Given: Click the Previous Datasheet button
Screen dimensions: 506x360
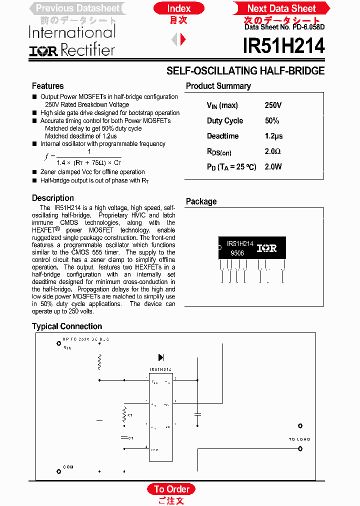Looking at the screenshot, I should (x=78, y=8).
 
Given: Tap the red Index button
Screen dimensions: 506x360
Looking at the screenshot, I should (x=179, y=8).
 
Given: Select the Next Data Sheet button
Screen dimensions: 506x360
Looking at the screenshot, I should (x=281, y=8).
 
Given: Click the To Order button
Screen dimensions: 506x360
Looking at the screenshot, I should (x=171, y=489).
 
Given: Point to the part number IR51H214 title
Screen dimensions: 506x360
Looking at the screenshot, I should (x=283, y=46).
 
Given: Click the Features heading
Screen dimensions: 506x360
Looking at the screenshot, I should (x=47, y=86).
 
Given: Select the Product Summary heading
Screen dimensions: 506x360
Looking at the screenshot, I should (x=218, y=86).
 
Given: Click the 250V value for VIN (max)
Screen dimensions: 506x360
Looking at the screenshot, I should (x=273, y=105).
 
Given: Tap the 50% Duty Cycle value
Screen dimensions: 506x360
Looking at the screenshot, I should (x=272, y=121).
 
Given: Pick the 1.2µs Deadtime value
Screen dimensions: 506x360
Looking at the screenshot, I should (x=273, y=136).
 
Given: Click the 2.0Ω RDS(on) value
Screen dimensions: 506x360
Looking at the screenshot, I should (x=272, y=151).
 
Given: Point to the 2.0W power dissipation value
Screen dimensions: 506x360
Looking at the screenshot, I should (x=273, y=167).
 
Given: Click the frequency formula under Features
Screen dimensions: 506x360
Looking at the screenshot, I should (x=83, y=157).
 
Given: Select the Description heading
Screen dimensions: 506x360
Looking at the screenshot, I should (x=52, y=198).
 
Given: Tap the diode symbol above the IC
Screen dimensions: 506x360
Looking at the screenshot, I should (x=161, y=357).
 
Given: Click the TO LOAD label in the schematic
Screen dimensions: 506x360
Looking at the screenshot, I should (x=299, y=439).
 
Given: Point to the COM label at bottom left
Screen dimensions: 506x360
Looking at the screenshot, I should (x=68, y=467).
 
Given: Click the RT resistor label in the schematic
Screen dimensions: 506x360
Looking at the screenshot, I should (x=130, y=415).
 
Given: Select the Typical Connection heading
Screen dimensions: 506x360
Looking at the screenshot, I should (x=67, y=326).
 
